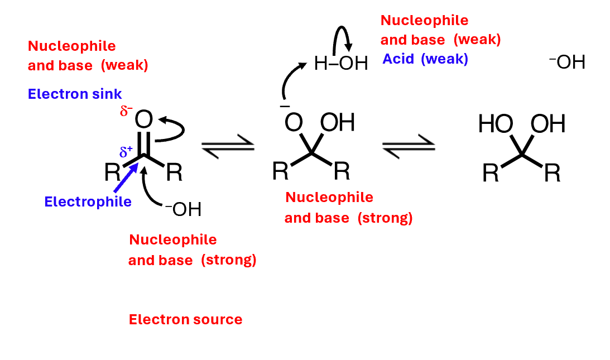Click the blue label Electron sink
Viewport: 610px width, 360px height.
75,94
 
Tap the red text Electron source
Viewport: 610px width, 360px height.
185,320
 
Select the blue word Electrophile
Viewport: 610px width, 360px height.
88,201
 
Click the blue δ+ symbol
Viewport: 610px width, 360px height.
126,151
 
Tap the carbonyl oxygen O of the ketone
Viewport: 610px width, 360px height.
144,119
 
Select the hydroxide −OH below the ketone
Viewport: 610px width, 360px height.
182,210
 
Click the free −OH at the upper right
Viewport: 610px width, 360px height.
567,62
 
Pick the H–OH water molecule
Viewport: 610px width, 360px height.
341,64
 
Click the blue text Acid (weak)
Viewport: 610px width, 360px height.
425,59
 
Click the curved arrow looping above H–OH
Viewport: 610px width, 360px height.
341,37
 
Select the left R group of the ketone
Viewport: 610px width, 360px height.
112,173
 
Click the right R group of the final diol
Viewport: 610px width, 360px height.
551,174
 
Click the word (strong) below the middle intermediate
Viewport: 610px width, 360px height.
385,218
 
